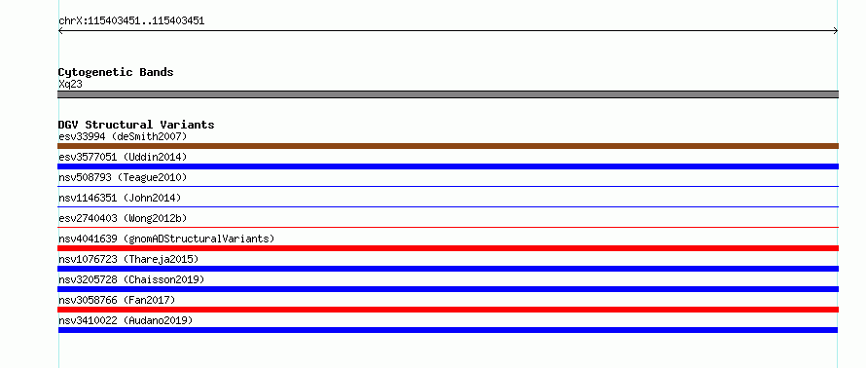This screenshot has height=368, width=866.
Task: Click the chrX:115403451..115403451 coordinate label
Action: click(x=131, y=21)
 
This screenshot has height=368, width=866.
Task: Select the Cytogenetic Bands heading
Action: click(x=116, y=72)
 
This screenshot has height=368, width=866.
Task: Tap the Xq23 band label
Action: click(x=71, y=85)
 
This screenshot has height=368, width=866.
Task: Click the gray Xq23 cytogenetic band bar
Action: click(x=448, y=94)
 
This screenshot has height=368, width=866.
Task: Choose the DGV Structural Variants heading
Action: click(x=136, y=125)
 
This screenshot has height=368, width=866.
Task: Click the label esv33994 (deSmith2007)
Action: click(x=123, y=136)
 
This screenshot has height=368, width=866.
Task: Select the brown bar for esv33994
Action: click(x=448, y=146)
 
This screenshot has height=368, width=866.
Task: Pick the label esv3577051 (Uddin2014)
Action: click(x=123, y=157)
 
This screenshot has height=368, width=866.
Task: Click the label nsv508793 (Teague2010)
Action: click(x=123, y=177)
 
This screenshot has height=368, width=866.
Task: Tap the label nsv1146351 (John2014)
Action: click(x=120, y=198)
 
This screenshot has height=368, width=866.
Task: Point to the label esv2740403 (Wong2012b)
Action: click(x=123, y=218)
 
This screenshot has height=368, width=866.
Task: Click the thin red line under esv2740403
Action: click(x=448, y=227)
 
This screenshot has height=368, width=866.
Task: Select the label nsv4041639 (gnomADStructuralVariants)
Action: click(x=166, y=239)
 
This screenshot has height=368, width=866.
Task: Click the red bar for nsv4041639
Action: click(x=448, y=248)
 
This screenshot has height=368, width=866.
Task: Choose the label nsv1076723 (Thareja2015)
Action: click(x=128, y=259)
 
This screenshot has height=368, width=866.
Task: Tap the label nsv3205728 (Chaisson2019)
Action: click(x=131, y=279)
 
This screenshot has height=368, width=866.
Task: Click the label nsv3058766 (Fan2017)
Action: click(x=117, y=300)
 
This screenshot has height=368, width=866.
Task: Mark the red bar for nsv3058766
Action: click(x=448, y=310)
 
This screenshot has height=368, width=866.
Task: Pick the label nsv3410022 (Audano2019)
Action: click(x=126, y=320)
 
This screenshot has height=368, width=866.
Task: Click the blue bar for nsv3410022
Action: click(x=448, y=330)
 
